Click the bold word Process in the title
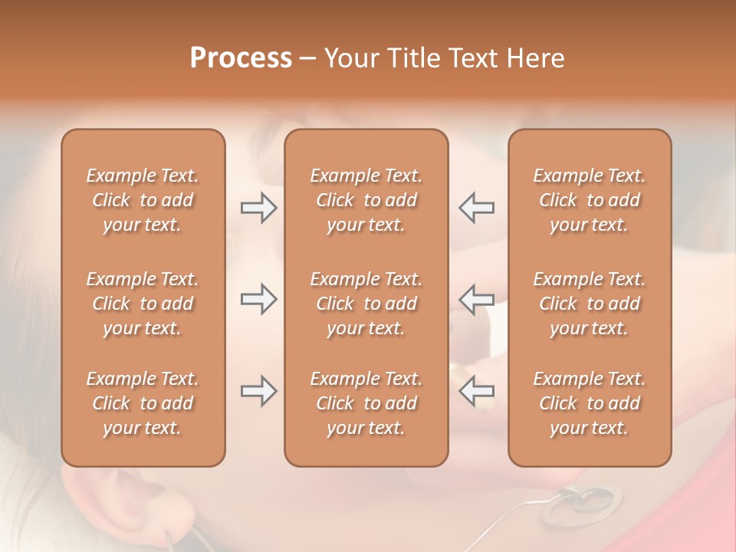click(x=241, y=58)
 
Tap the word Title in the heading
click(x=415, y=58)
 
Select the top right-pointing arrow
click(x=258, y=208)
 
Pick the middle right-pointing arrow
click(x=258, y=299)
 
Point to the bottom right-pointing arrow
click(x=258, y=391)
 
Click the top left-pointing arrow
click(x=477, y=208)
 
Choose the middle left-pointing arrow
click(x=477, y=299)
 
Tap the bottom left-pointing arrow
click(x=477, y=391)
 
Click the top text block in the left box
click(x=143, y=200)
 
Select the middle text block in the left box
click(x=143, y=304)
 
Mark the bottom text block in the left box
click(x=143, y=403)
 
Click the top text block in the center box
click(x=366, y=200)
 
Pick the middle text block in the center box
click(x=366, y=304)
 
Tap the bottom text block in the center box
click(x=366, y=403)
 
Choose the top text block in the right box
click(x=590, y=200)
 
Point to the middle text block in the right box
click(x=590, y=304)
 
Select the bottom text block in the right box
click(x=590, y=403)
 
